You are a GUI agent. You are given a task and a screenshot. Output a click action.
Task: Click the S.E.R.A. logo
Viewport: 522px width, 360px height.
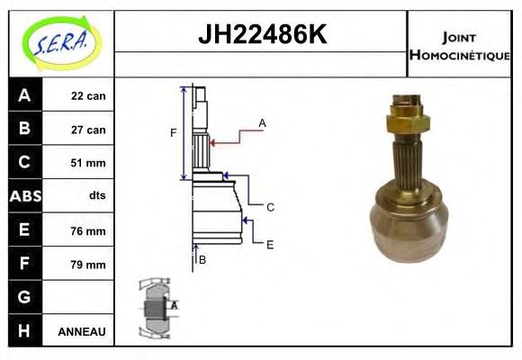tap(60, 40)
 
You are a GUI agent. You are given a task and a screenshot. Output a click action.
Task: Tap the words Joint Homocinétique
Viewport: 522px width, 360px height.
tap(459, 46)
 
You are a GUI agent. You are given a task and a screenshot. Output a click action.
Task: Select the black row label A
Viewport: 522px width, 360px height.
tap(24, 95)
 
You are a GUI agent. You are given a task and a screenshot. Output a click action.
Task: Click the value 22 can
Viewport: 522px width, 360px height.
tap(88, 96)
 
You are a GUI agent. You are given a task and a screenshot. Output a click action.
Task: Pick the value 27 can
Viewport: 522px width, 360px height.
tap(88, 130)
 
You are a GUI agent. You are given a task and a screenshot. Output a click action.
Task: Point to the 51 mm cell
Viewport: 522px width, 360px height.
tap(88, 163)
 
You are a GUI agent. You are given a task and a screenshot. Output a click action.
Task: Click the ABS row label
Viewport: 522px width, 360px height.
tap(24, 196)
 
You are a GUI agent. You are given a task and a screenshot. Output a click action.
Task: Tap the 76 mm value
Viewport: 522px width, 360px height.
tap(88, 230)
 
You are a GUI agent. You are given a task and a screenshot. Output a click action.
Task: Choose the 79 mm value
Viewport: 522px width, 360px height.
tap(88, 265)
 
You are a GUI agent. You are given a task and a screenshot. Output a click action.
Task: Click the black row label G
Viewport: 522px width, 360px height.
tap(24, 297)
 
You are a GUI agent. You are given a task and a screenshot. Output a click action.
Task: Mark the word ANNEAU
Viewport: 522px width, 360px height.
tap(82, 331)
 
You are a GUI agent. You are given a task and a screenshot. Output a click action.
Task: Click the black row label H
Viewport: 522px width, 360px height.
tap(24, 330)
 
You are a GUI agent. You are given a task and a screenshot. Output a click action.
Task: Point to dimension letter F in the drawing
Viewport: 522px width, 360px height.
tap(174, 133)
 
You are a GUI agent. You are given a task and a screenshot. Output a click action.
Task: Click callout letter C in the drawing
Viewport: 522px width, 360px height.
tap(270, 207)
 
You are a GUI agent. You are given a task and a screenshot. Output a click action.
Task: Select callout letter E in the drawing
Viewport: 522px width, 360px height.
tap(270, 243)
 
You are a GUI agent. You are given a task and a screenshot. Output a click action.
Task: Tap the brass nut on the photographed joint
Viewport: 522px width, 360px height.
tap(406, 116)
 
